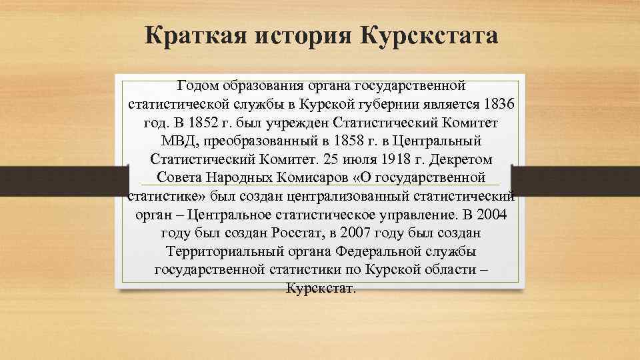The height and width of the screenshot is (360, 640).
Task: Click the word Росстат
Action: [296, 234]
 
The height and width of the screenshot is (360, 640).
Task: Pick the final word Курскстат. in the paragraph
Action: [321, 289]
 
